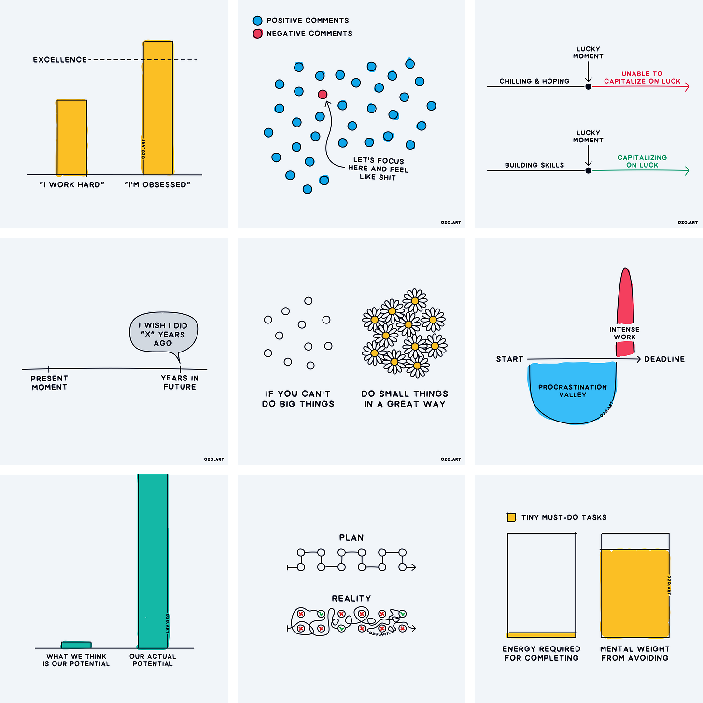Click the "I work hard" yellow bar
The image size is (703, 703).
click(71, 138)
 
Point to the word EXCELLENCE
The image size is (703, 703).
click(60, 60)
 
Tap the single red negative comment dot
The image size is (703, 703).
click(323, 95)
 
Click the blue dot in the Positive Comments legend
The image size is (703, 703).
click(257, 21)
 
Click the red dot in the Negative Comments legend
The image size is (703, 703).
click(257, 34)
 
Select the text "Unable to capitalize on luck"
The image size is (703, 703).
click(642, 78)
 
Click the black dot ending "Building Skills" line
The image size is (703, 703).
click(588, 170)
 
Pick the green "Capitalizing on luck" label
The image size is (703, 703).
click(642, 161)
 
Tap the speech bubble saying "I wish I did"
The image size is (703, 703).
click(163, 334)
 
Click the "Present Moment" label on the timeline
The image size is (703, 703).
click(49, 383)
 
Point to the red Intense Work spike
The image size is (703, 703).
click(625, 299)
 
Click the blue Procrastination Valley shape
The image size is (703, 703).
click(572, 394)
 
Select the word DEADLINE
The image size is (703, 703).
click(664, 359)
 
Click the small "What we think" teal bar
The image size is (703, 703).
click(76, 645)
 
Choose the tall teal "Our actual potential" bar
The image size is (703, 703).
click(153, 560)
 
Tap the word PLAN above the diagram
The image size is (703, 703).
click(351, 538)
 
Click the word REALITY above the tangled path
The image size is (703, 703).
click(351, 599)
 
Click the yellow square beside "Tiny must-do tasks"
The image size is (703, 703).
click(511, 518)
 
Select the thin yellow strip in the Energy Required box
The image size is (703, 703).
click(541, 635)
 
